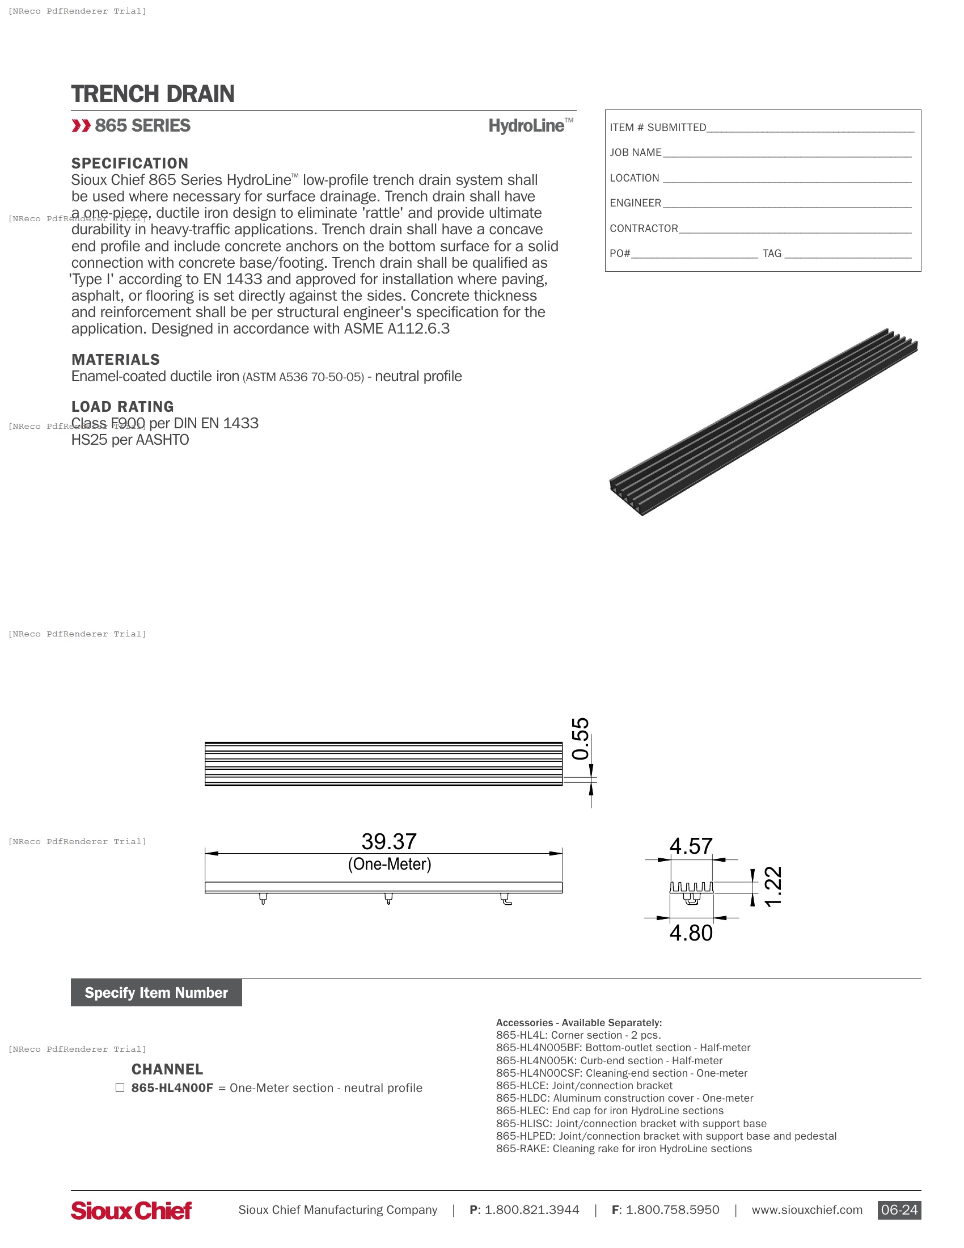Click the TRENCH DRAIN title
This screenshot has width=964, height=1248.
coord(153,94)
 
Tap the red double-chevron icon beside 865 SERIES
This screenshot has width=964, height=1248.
coord(81,126)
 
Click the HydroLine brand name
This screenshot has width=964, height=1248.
coord(526,126)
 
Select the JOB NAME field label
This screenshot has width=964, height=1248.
coord(635,153)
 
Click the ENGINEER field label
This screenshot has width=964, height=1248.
coord(635,203)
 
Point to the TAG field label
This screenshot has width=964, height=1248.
coord(772,253)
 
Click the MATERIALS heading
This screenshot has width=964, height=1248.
coord(115,360)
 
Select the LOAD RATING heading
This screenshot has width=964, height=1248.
coord(122,406)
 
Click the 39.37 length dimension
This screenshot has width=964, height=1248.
coord(389,842)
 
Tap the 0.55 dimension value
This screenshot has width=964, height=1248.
coord(580,738)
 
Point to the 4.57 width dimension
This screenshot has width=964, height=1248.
coord(691,846)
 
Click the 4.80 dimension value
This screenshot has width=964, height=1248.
coord(691,933)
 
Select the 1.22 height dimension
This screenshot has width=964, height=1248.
coord(773,886)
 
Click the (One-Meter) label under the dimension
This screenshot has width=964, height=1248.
coord(390,864)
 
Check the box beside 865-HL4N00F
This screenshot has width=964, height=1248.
coord(120,1087)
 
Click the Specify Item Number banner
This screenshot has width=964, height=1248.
coord(156,993)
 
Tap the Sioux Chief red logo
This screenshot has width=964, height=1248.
coord(132,1211)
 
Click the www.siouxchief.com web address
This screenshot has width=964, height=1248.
coord(806,1210)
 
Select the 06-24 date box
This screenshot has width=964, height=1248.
coord(898,1210)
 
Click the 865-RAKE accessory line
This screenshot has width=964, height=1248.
coord(624,1149)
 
